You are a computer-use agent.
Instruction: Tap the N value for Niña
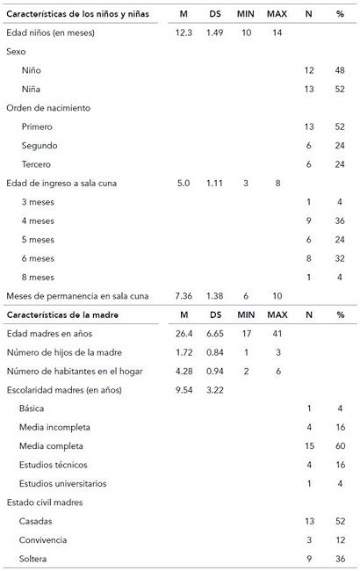click(308, 89)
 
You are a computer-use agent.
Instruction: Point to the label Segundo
click(42, 146)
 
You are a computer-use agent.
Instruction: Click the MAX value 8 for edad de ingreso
click(277, 183)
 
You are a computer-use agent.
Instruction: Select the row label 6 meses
click(42, 258)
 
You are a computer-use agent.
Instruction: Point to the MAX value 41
click(277, 333)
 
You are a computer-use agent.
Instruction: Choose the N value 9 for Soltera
click(308, 559)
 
